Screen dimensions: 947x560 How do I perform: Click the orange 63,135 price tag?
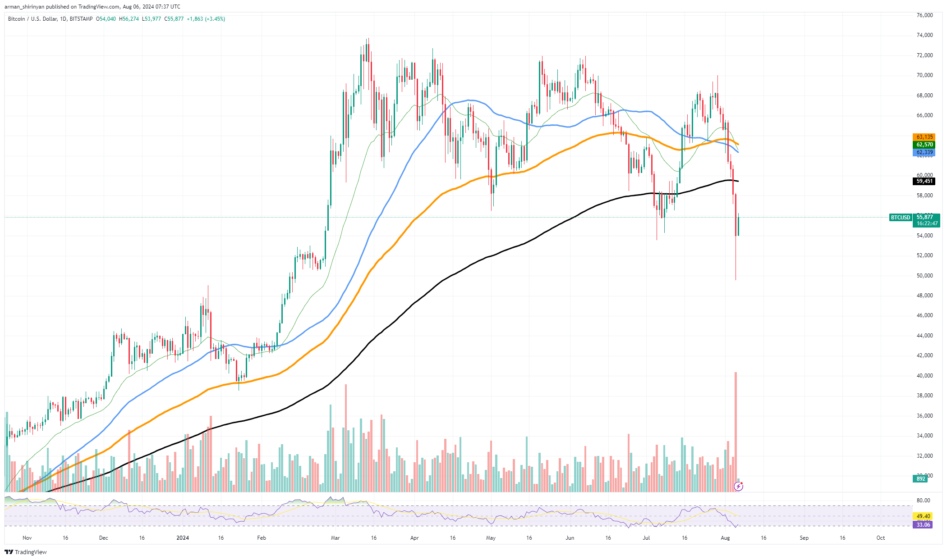[x=924, y=137]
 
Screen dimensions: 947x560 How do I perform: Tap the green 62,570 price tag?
[x=924, y=145]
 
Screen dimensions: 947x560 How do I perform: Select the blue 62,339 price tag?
[x=924, y=152]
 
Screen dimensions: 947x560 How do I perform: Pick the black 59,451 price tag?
[x=924, y=181]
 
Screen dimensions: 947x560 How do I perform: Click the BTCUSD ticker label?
[x=901, y=218]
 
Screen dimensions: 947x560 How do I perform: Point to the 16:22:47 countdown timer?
[x=927, y=223]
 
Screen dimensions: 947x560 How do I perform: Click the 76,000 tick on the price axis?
[x=924, y=15]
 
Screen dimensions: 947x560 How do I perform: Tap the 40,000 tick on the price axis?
[x=924, y=376]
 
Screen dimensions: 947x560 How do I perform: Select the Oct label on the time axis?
[x=881, y=538]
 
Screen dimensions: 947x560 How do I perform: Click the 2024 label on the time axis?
[x=183, y=538]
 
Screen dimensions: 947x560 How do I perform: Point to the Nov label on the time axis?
[x=27, y=538]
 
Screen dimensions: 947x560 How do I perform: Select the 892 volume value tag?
[x=920, y=479]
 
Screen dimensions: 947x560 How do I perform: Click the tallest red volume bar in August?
[x=736, y=432]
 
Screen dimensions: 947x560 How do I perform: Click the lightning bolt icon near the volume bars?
[x=738, y=486]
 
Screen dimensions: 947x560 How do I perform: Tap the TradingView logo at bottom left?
[x=26, y=552]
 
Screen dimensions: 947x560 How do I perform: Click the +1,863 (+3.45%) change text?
[x=206, y=19]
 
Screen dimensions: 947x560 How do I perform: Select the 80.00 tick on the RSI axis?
[x=923, y=501]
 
